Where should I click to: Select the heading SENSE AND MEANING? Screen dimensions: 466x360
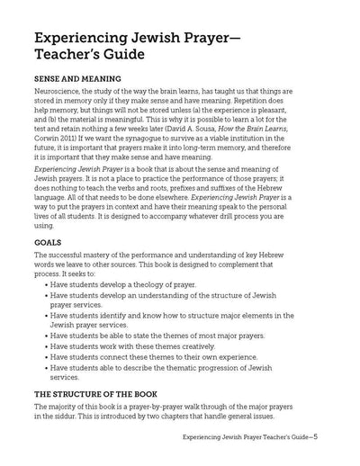(76, 90)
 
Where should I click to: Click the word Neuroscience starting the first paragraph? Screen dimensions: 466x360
(58, 105)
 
